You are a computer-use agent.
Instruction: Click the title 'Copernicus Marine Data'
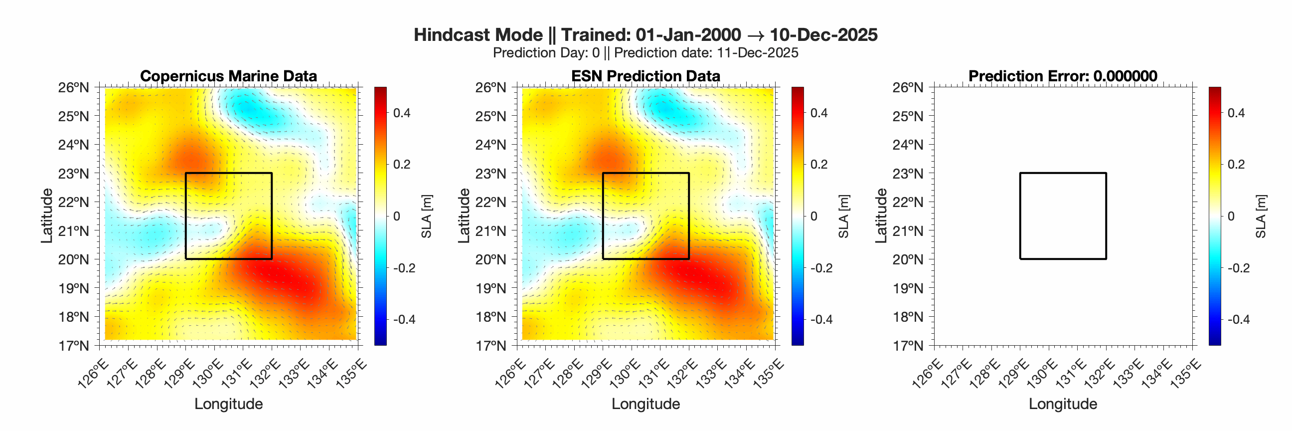tap(228, 76)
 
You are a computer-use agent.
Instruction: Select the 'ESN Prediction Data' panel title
tap(646, 76)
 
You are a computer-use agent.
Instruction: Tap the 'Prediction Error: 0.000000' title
tap(1062, 76)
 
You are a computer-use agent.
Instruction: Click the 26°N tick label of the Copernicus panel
tap(73, 87)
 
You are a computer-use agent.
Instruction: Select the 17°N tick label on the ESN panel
tap(490, 345)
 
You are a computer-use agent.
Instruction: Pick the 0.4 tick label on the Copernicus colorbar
tap(401, 113)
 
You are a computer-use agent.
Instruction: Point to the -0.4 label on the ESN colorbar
tap(821, 320)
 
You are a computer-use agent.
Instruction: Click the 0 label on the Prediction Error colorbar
tap(1230, 216)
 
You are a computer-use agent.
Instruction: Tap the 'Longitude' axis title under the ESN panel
tap(646, 404)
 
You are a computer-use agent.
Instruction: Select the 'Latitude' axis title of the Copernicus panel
tap(47, 216)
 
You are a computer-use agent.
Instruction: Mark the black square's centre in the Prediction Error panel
tap(1063, 216)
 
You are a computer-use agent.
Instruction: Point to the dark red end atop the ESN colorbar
tap(798, 90)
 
